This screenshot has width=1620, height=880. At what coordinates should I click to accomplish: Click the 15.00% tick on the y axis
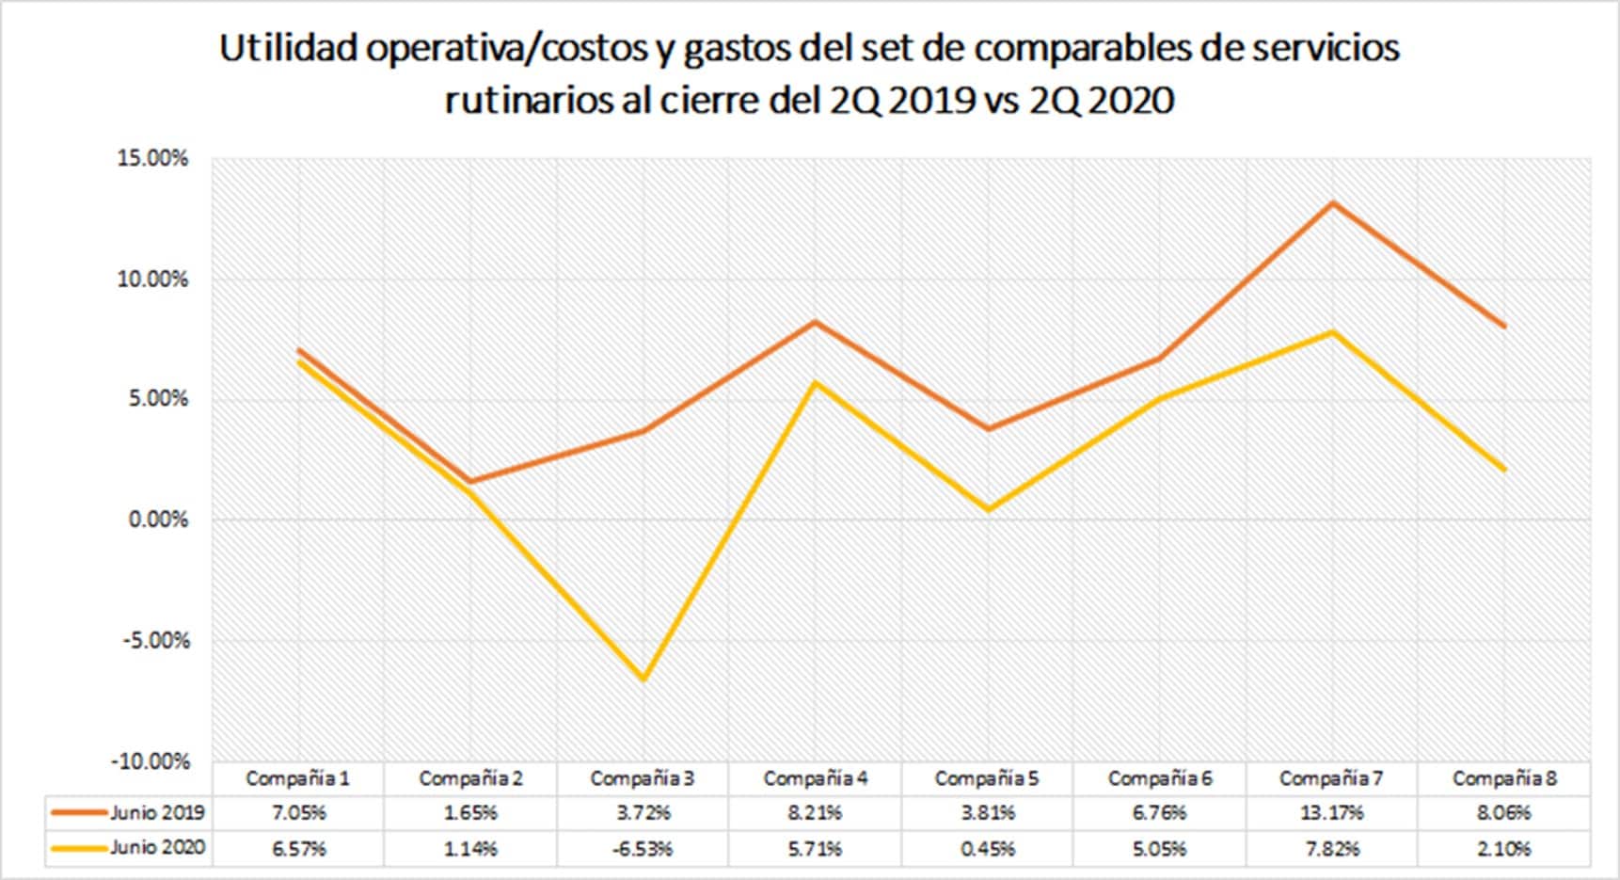point(152,158)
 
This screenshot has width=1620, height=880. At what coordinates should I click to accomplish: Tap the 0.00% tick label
point(158,520)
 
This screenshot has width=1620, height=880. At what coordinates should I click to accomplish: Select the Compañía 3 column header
point(643,779)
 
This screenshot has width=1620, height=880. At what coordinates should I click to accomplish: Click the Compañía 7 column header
point(1331,779)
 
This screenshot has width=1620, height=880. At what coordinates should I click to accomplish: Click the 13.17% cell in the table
point(1331,812)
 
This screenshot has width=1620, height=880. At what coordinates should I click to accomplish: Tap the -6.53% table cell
point(643,849)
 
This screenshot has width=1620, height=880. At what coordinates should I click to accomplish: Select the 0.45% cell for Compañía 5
point(988,849)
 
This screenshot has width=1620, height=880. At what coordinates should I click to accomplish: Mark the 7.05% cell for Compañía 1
point(298,812)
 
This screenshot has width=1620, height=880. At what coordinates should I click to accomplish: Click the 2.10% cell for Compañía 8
point(1503,849)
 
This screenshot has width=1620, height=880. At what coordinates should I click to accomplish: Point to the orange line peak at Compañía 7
point(1332,203)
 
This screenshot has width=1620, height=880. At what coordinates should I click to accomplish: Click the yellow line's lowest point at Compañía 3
point(643,678)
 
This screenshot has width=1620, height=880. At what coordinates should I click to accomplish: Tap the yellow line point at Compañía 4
point(816,383)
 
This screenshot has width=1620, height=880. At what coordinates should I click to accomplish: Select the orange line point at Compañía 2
point(471,481)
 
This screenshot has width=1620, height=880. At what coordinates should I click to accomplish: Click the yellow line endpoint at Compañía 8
point(1504,469)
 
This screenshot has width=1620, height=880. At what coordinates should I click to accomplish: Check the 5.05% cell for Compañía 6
point(1159,849)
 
